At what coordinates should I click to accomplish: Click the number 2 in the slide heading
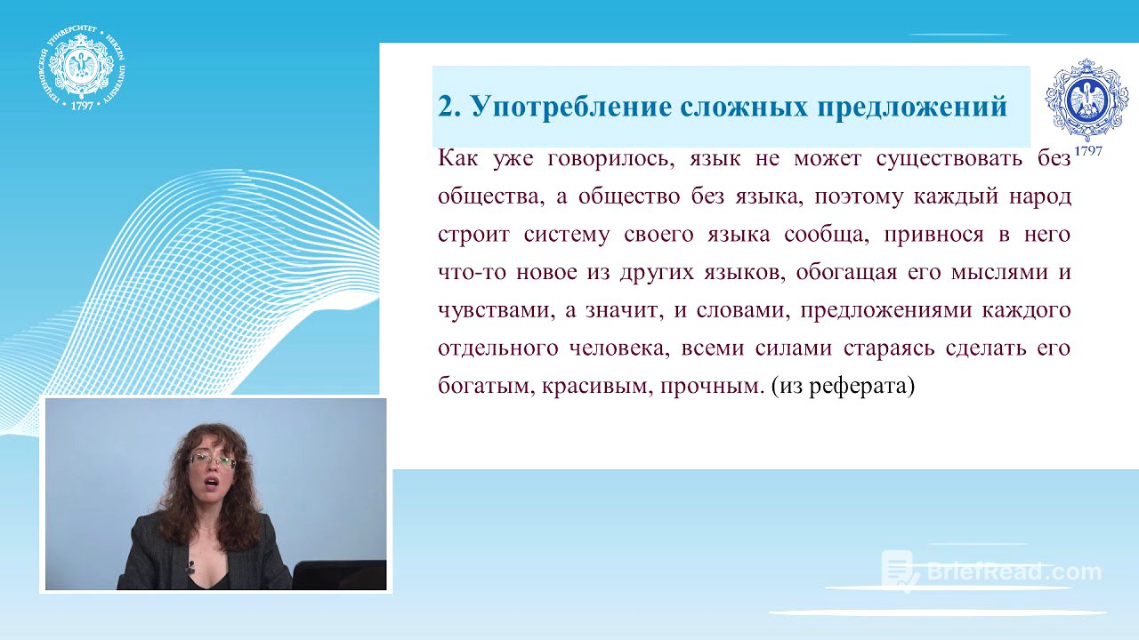coord(448,107)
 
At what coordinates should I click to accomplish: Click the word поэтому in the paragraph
coord(855,196)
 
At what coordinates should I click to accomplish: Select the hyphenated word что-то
coord(468,273)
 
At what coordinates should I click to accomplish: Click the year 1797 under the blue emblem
coord(1087,151)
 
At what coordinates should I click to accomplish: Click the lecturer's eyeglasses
coord(212,461)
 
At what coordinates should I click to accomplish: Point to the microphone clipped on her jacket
coord(190,567)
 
